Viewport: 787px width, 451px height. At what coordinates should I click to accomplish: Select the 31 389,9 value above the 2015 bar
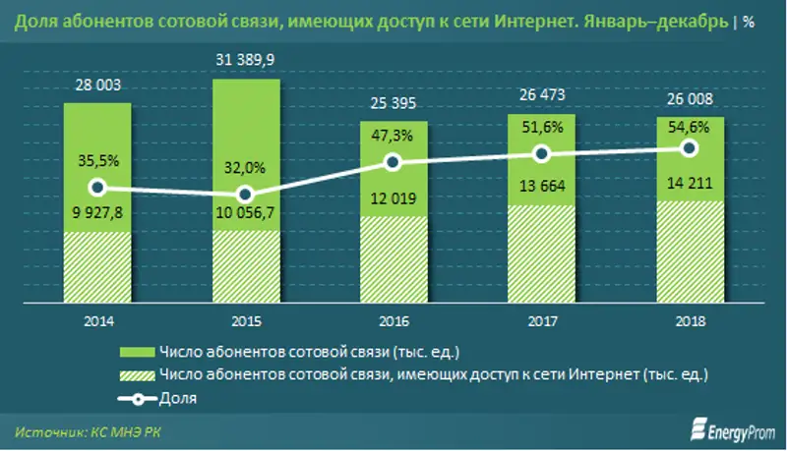click(246, 61)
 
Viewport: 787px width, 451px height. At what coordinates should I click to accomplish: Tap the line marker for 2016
click(393, 162)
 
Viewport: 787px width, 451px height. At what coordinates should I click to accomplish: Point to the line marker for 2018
click(690, 148)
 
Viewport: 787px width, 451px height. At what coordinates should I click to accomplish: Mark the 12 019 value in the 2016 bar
click(393, 199)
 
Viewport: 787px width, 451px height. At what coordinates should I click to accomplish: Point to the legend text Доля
click(178, 398)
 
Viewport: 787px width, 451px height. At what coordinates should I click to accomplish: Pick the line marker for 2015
click(246, 195)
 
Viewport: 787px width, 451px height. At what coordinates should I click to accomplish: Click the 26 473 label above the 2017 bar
click(541, 98)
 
